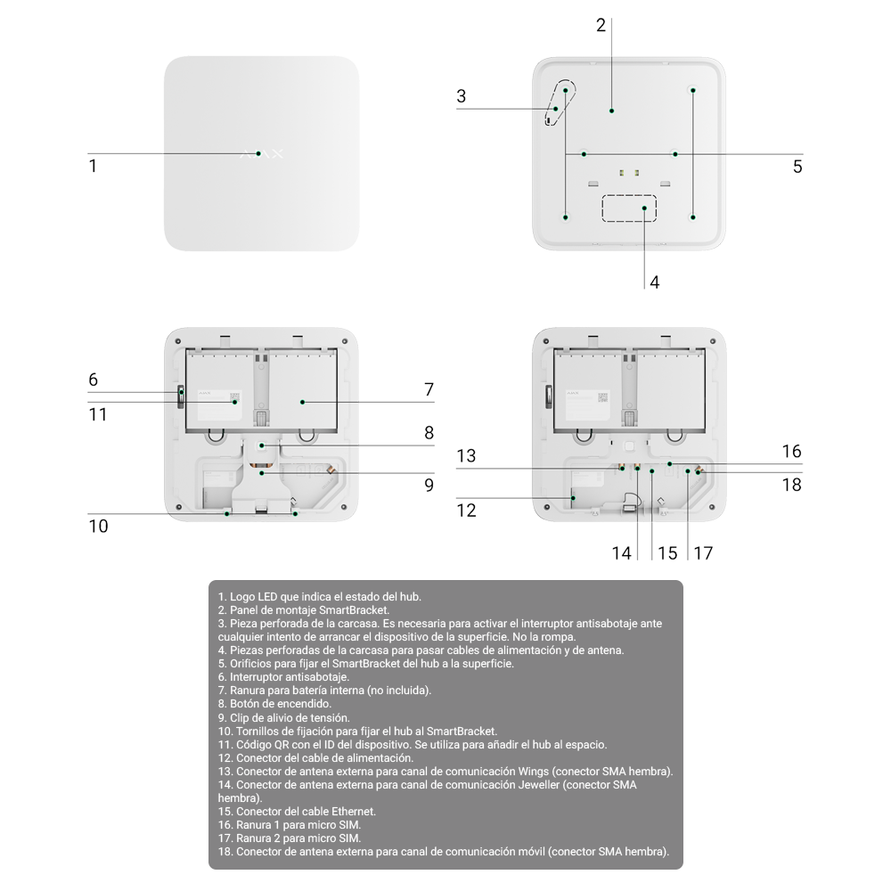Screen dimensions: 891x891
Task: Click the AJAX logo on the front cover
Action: [x=261, y=153]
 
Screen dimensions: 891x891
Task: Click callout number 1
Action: [x=93, y=166]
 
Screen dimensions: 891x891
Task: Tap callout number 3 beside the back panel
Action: [x=461, y=96]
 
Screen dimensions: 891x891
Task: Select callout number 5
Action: [x=797, y=167]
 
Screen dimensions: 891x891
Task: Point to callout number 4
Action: [x=655, y=282]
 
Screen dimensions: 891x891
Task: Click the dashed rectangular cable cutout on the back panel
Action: [x=629, y=208]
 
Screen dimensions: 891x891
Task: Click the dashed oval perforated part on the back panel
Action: [x=560, y=102]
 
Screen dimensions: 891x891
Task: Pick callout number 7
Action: [x=429, y=389]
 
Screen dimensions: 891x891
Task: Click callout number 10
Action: [x=98, y=527]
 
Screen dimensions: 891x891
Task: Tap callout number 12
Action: [x=467, y=511]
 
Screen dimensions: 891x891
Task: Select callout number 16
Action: [x=791, y=451]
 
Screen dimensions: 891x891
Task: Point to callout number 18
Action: [x=791, y=485]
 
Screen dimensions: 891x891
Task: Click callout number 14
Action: [x=622, y=553]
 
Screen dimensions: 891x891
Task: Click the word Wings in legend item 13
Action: [x=533, y=772]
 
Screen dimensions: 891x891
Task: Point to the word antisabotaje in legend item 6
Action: [x=317, y=677]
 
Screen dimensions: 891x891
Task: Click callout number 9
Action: [x=429, y=486]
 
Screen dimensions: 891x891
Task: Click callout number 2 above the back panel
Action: [x=601, y=26]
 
